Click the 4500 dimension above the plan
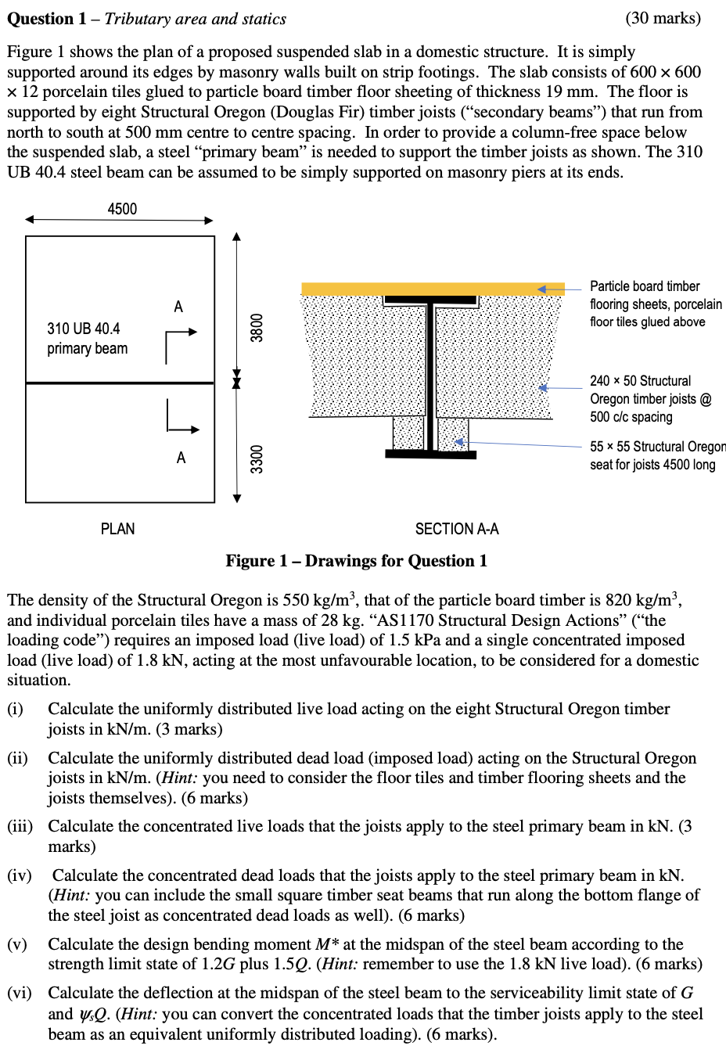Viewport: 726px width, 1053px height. (122, 209)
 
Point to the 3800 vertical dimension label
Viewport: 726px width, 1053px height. (257, 327)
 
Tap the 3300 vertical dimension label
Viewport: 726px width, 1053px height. (257, 458)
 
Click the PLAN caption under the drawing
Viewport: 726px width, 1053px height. (117, 529)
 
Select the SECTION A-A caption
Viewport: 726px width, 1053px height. (457, 529)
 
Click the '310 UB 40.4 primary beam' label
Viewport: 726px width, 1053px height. (86, 338)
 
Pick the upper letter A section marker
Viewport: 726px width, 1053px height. (178, 307)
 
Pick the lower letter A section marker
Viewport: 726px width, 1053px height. (181, 458)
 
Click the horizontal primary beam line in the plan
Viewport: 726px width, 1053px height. (120, 383)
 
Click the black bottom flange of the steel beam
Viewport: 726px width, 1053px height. (430, 454)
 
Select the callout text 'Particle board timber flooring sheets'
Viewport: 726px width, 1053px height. (655, 304)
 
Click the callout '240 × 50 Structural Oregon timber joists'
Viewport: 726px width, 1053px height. (649, 398)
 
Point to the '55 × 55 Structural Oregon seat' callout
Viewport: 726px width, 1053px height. (657, 455)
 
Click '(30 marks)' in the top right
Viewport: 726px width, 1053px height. (663, 18)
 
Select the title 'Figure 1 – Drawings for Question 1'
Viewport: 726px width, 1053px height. (356, 561)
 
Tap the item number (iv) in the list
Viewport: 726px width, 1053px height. (19, 875)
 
